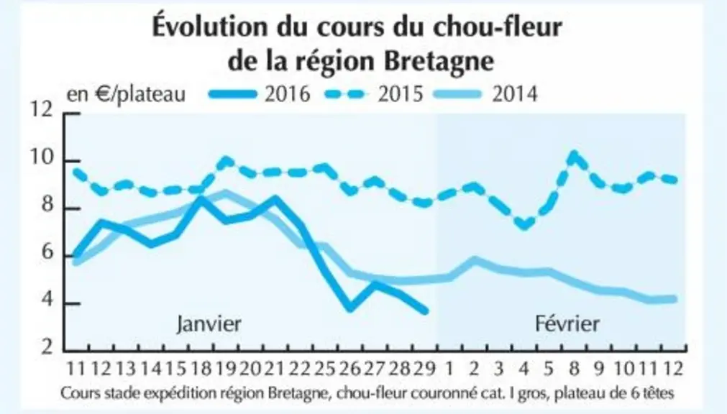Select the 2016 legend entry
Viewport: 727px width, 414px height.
click(x=260, y=94)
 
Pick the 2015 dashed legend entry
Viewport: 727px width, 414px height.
click(x=374, y=94)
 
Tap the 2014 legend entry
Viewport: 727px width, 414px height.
click(x=486, y=94)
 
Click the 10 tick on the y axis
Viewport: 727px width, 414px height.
click(x=42, y=160)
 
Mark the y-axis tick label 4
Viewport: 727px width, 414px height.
click(x=47, y=303)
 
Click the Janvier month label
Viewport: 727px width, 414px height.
click(x=209, y=323)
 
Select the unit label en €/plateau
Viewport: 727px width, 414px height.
click(x=126, y=94)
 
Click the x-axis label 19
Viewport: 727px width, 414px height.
click(x=225, y=369)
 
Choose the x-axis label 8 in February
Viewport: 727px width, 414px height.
click(x=575, y=369)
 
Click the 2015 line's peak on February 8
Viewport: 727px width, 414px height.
click(x=575, y=155)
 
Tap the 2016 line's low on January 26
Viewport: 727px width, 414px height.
click(x=350, y=308)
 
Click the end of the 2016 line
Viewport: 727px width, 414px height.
click(x=426, y=311)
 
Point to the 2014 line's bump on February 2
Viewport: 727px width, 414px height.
click(x=474, y=260)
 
